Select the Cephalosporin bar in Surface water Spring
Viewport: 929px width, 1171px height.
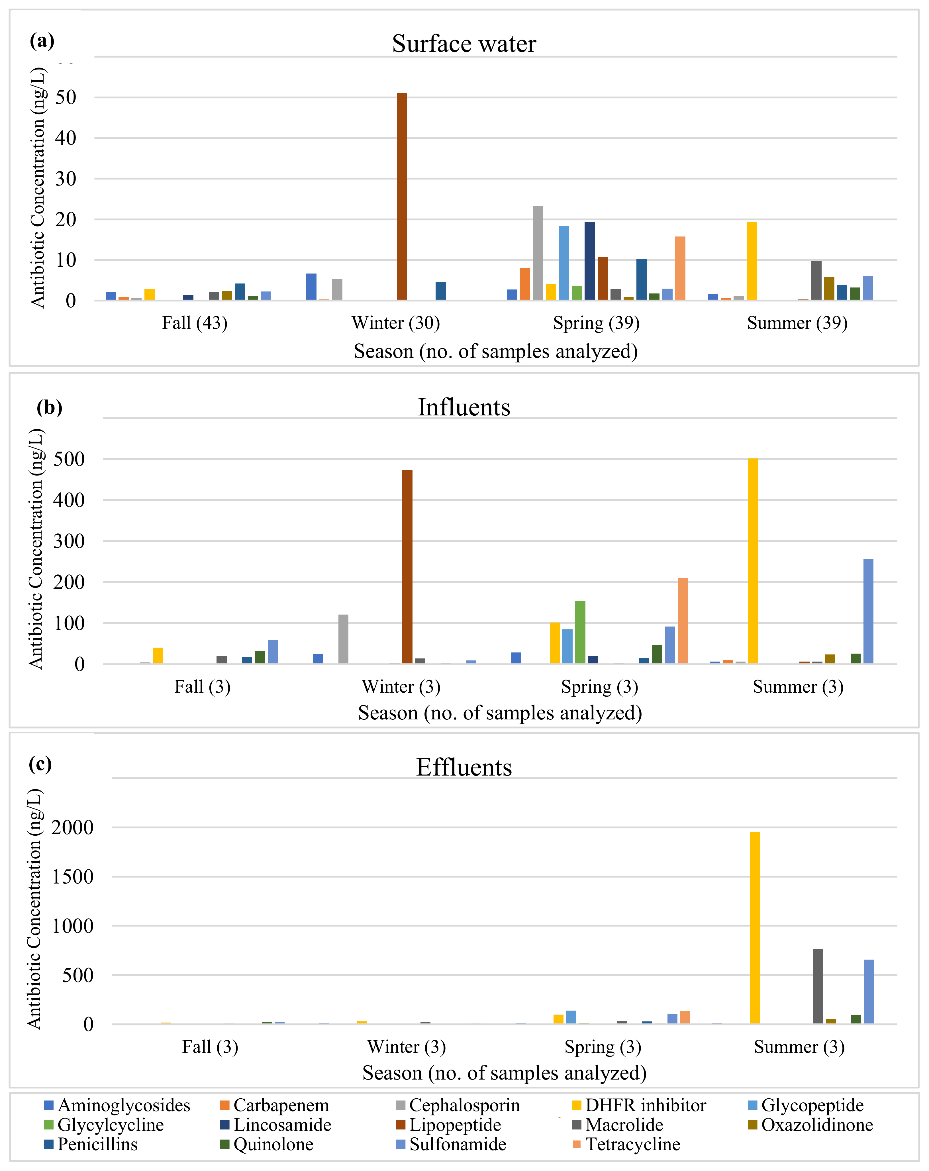(538, 252)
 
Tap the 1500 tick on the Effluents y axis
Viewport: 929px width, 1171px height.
(72, 877)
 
